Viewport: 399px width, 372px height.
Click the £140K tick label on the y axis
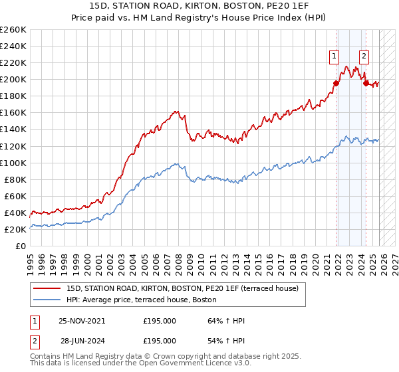coord(13,130)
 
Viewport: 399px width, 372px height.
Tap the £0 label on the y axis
coord(20,246)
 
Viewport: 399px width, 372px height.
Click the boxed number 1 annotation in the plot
coord(333,56)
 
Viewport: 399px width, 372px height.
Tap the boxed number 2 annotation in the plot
coord(364,56)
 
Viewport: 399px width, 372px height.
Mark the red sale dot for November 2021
coord(336,83)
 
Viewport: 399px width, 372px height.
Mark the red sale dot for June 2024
coord(366,83)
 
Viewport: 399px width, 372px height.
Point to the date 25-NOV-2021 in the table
coord(82,321)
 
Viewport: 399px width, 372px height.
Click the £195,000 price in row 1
coord(160,321)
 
